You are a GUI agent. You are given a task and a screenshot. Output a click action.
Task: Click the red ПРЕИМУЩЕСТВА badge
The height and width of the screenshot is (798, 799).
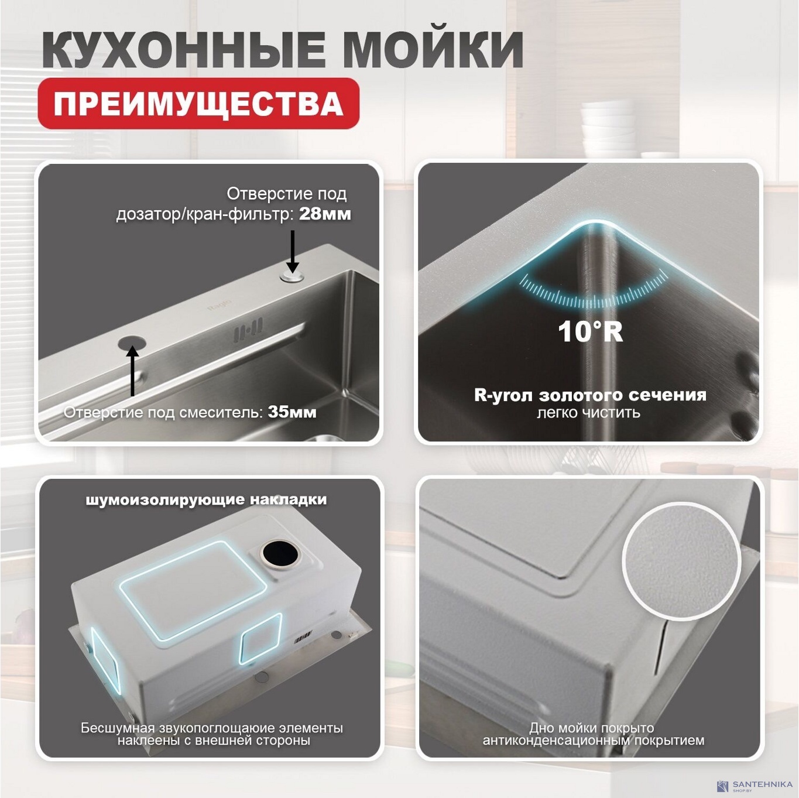pyautogui.click(x=198, y=104)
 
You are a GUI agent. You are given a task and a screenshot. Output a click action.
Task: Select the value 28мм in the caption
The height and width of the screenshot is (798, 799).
pyautogui.click(x=325, y=214)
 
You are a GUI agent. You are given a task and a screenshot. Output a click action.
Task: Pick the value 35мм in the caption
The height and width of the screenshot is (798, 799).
pyautogui.click(x=292, y=412)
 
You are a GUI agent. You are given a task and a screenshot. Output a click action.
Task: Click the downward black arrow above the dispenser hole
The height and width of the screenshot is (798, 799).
pyautogui.click(x=292, y=251)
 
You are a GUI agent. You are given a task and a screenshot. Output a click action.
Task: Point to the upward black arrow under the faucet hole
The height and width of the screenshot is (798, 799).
pyautogui.click(x=133, y=371)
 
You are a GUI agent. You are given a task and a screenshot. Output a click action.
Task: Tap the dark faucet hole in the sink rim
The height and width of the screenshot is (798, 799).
pyautogui.click(x=131, y=341)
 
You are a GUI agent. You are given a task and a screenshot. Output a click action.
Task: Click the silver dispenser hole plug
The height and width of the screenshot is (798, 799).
pyautogui.click(x=292, y=276)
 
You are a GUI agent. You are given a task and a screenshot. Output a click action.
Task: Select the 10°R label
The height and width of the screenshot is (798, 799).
pyautogui.click(x=590, y=331)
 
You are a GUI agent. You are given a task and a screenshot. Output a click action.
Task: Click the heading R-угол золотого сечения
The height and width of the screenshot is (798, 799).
pyautogui.click(x=590, y=395)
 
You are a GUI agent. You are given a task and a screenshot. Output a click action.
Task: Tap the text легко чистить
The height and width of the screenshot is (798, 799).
pyautogui.click(x=588, y=413)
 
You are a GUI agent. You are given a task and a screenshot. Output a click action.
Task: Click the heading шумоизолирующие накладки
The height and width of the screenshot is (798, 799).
pyautogui.click(x=206, y=499)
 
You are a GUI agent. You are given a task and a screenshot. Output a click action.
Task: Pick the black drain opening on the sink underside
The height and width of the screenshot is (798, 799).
pyautogui.click(x=280, y=553)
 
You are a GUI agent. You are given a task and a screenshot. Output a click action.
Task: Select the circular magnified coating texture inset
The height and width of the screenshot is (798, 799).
pyautogui.click(x=681, y=561)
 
